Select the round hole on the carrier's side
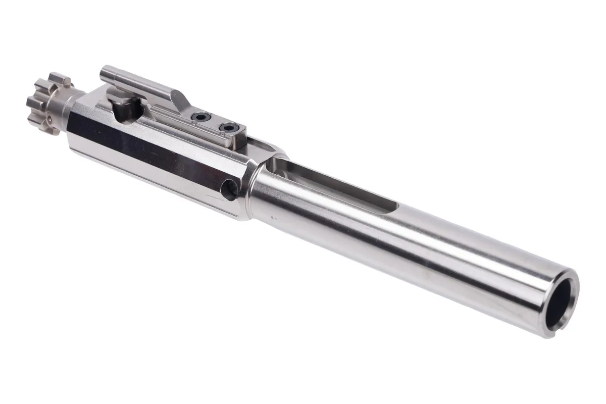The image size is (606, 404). coord(230,190)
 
